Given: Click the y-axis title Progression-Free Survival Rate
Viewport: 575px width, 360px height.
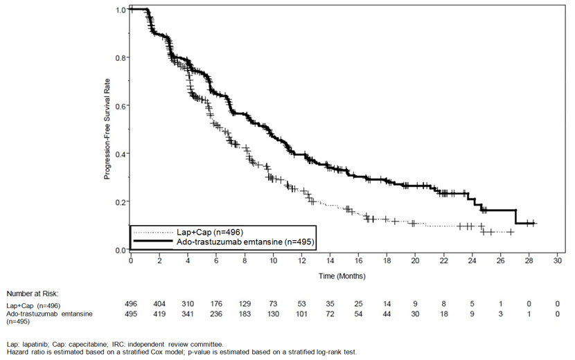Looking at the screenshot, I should click(108, 130).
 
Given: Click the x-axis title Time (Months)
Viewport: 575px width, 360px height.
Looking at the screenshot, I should click(337, 276).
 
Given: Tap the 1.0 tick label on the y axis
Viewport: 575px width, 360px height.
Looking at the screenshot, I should click(121, 10).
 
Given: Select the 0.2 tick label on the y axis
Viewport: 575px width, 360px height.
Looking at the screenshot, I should click(121, 201).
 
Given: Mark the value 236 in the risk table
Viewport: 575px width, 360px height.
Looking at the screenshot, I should click(216, 315).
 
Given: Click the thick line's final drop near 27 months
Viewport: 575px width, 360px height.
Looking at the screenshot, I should click(516, 216).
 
